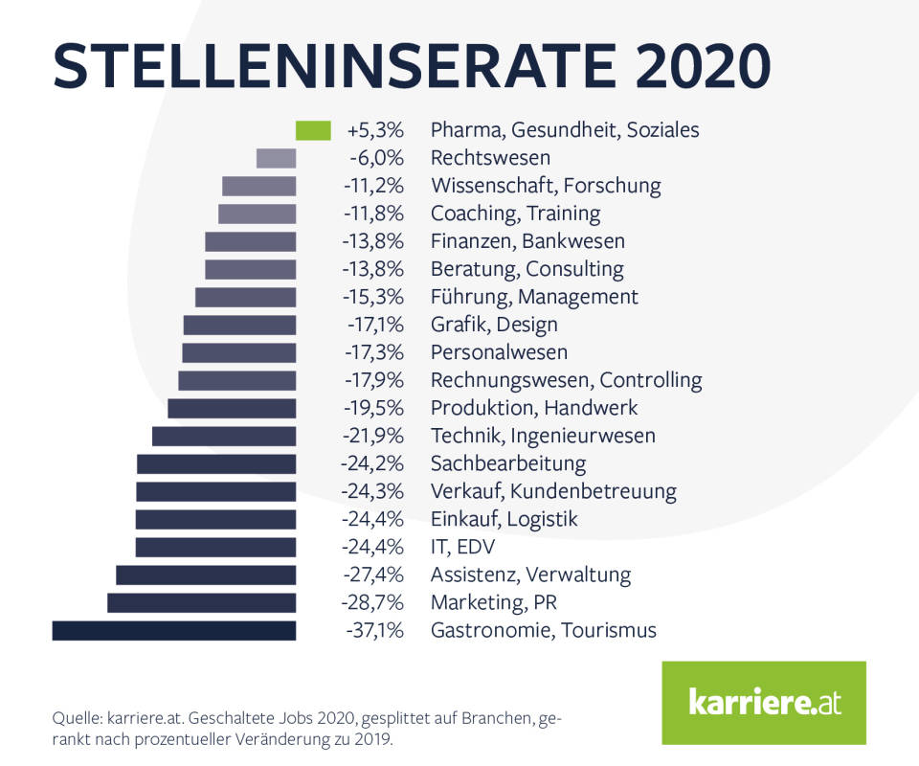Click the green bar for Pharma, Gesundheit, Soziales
[313, 130]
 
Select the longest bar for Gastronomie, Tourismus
[174, 630]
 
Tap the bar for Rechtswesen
[277, 158]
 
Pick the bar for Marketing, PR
[202, 602]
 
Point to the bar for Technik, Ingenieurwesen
[224, 436]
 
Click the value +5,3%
[376, 130]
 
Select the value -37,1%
[372, 630]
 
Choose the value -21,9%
[372, 436]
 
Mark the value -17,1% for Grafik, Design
[373, 325]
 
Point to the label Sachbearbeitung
[507, 463]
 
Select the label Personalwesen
[499, 352]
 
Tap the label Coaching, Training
[515, 214]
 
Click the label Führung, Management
[534, 297]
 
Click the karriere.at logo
[763, 703]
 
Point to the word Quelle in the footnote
[79, 717]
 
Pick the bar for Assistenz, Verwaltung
[206, 574]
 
